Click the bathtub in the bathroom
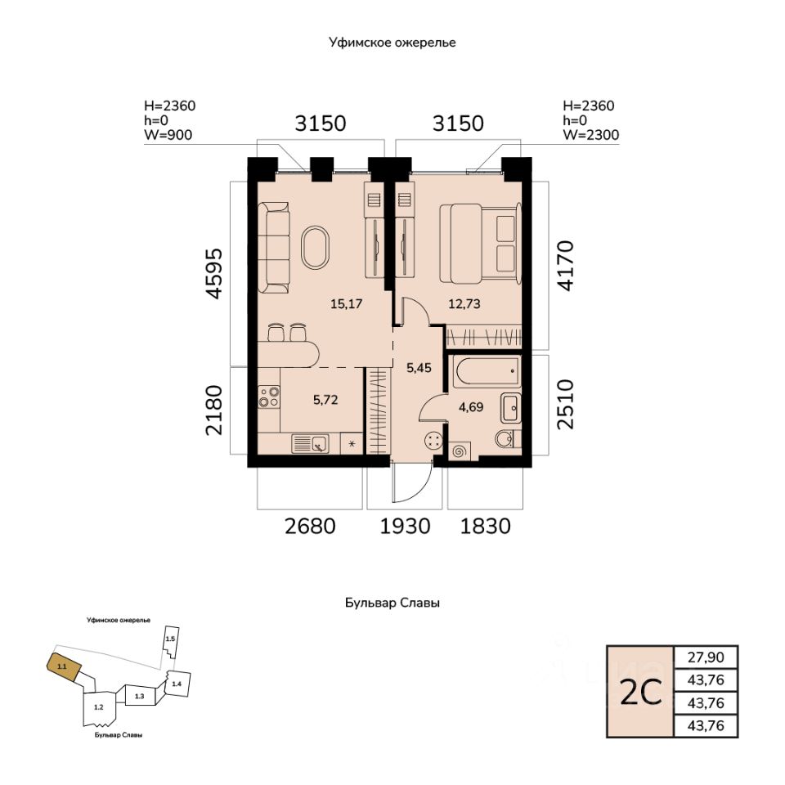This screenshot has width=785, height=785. pos(484,375)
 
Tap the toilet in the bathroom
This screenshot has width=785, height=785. pos(507,439)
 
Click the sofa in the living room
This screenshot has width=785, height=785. pos(274,248)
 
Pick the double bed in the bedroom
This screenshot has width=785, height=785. pos(480,237)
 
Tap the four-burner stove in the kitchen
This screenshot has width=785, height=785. pos(269,398)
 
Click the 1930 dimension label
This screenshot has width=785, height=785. pos(405,526)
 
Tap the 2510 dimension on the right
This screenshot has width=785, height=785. pos(565,403)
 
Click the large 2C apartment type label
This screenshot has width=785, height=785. pos(640,692)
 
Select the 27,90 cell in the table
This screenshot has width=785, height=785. pos(705,657)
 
